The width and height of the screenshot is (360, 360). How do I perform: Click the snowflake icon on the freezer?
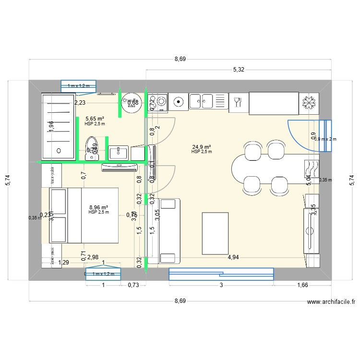click(307, 103)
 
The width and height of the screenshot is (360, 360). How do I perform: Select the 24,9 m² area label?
click(202, 147)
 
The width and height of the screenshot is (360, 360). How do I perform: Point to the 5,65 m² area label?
click(95, 118)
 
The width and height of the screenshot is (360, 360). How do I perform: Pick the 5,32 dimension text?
click(239, 70)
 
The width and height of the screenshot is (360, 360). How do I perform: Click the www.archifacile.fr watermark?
click(331, 302)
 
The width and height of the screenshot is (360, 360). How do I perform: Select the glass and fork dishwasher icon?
click(237, 102)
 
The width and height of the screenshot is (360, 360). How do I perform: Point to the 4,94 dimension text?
click(233, 257)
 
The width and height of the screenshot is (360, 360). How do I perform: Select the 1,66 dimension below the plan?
click(302, 285)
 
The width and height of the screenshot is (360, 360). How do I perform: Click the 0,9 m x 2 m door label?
click(326, 139)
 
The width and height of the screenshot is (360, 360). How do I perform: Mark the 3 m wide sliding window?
click(221, 274)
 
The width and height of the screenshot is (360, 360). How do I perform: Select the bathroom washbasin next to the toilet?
click(118, 153)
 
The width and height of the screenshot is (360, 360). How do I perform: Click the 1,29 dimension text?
click(63, 263)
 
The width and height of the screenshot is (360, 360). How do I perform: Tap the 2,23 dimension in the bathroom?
click(80, 102)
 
